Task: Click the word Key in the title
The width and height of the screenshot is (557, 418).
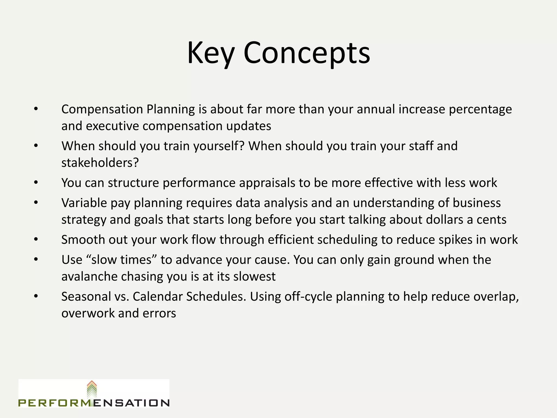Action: click(211, 53)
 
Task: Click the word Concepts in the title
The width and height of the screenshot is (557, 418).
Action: click(307, 53)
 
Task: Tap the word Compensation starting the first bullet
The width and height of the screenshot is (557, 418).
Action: click(102, 109)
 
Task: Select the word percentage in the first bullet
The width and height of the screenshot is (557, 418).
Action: click(480, 109)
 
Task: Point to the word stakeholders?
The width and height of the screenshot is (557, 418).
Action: click(100, 163)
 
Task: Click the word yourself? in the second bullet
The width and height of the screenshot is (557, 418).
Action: click(219, 146)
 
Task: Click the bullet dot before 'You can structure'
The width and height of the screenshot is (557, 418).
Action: click(36, 183)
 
